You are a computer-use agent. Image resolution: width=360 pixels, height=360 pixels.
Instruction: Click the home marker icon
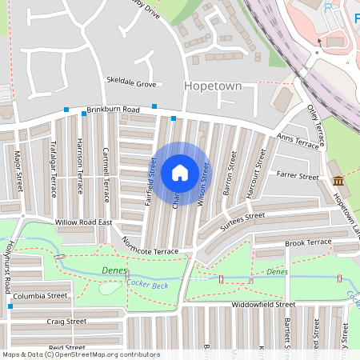(x=180, y=172)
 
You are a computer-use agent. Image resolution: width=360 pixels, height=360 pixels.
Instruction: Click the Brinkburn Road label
(x=114, y=109)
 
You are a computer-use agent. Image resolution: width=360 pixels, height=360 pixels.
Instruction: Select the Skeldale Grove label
(x=132, y=82)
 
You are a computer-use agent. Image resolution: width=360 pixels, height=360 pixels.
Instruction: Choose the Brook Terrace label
(x=308, y=242)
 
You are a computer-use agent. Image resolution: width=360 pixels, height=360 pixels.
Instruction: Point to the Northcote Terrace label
(x=150, y=240)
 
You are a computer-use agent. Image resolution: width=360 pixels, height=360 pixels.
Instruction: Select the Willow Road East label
(x=82, y=222)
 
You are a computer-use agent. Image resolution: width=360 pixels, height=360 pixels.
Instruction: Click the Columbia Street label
(x=40, y=296)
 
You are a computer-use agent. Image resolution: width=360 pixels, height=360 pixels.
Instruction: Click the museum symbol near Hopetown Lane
(x=338, y=181)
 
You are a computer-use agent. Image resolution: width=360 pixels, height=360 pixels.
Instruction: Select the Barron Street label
(x=229, y=174)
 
